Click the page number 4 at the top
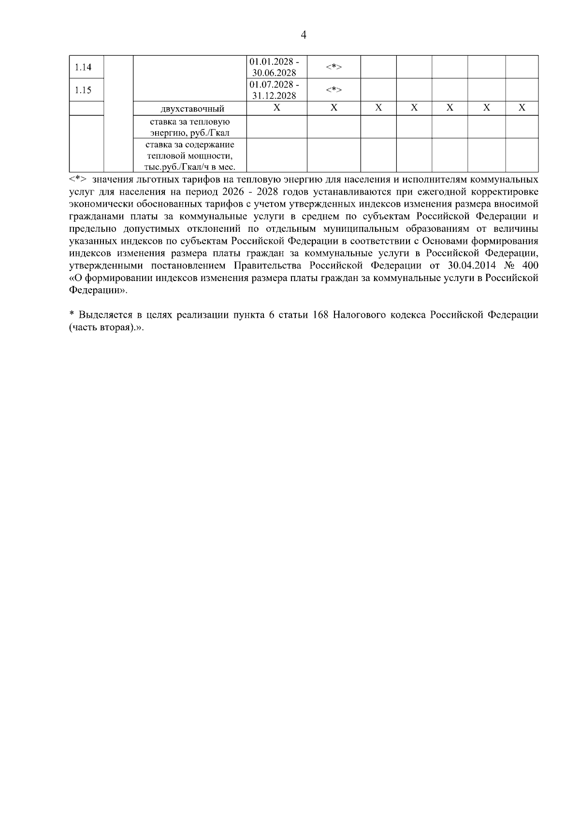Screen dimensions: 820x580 click(x=304, y=35)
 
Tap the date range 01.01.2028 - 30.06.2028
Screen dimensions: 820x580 click(x=274, y=67)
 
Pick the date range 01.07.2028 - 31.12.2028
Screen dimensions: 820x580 click(x=274, y=90)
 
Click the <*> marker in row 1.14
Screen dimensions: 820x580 click(x=333, y=67)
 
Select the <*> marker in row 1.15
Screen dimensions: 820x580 click(x=333, y=90)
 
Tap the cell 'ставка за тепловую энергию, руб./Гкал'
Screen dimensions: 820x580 click(x=189, y=127)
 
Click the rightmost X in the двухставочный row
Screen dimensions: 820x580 click(x=522, y=108)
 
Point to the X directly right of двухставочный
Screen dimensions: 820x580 click(x=276, y=108)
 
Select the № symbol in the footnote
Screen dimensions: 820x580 click(x=509, y=266)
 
